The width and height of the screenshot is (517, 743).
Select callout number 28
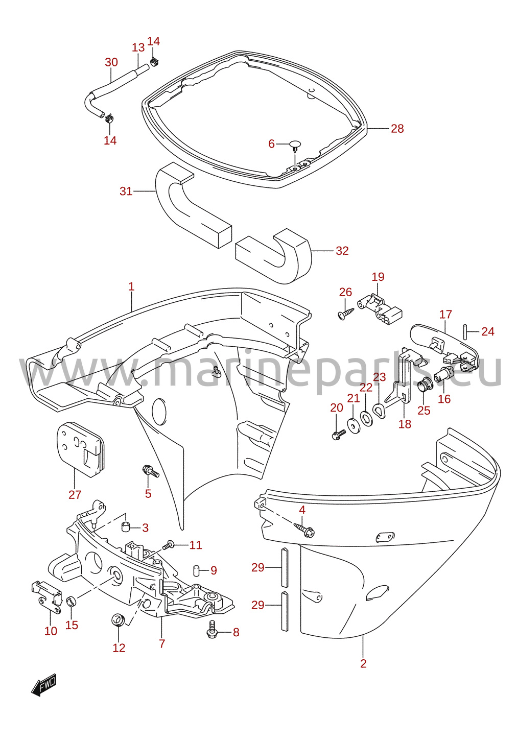(397, 128)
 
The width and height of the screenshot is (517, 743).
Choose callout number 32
(342, 251)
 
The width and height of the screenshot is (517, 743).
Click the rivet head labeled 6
(295, 146)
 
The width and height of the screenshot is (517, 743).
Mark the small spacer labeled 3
(125, 526)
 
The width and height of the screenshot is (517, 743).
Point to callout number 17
(445, 315)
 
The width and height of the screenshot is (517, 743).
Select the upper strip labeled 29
(285, 567)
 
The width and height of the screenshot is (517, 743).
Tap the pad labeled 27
(81, 449)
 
